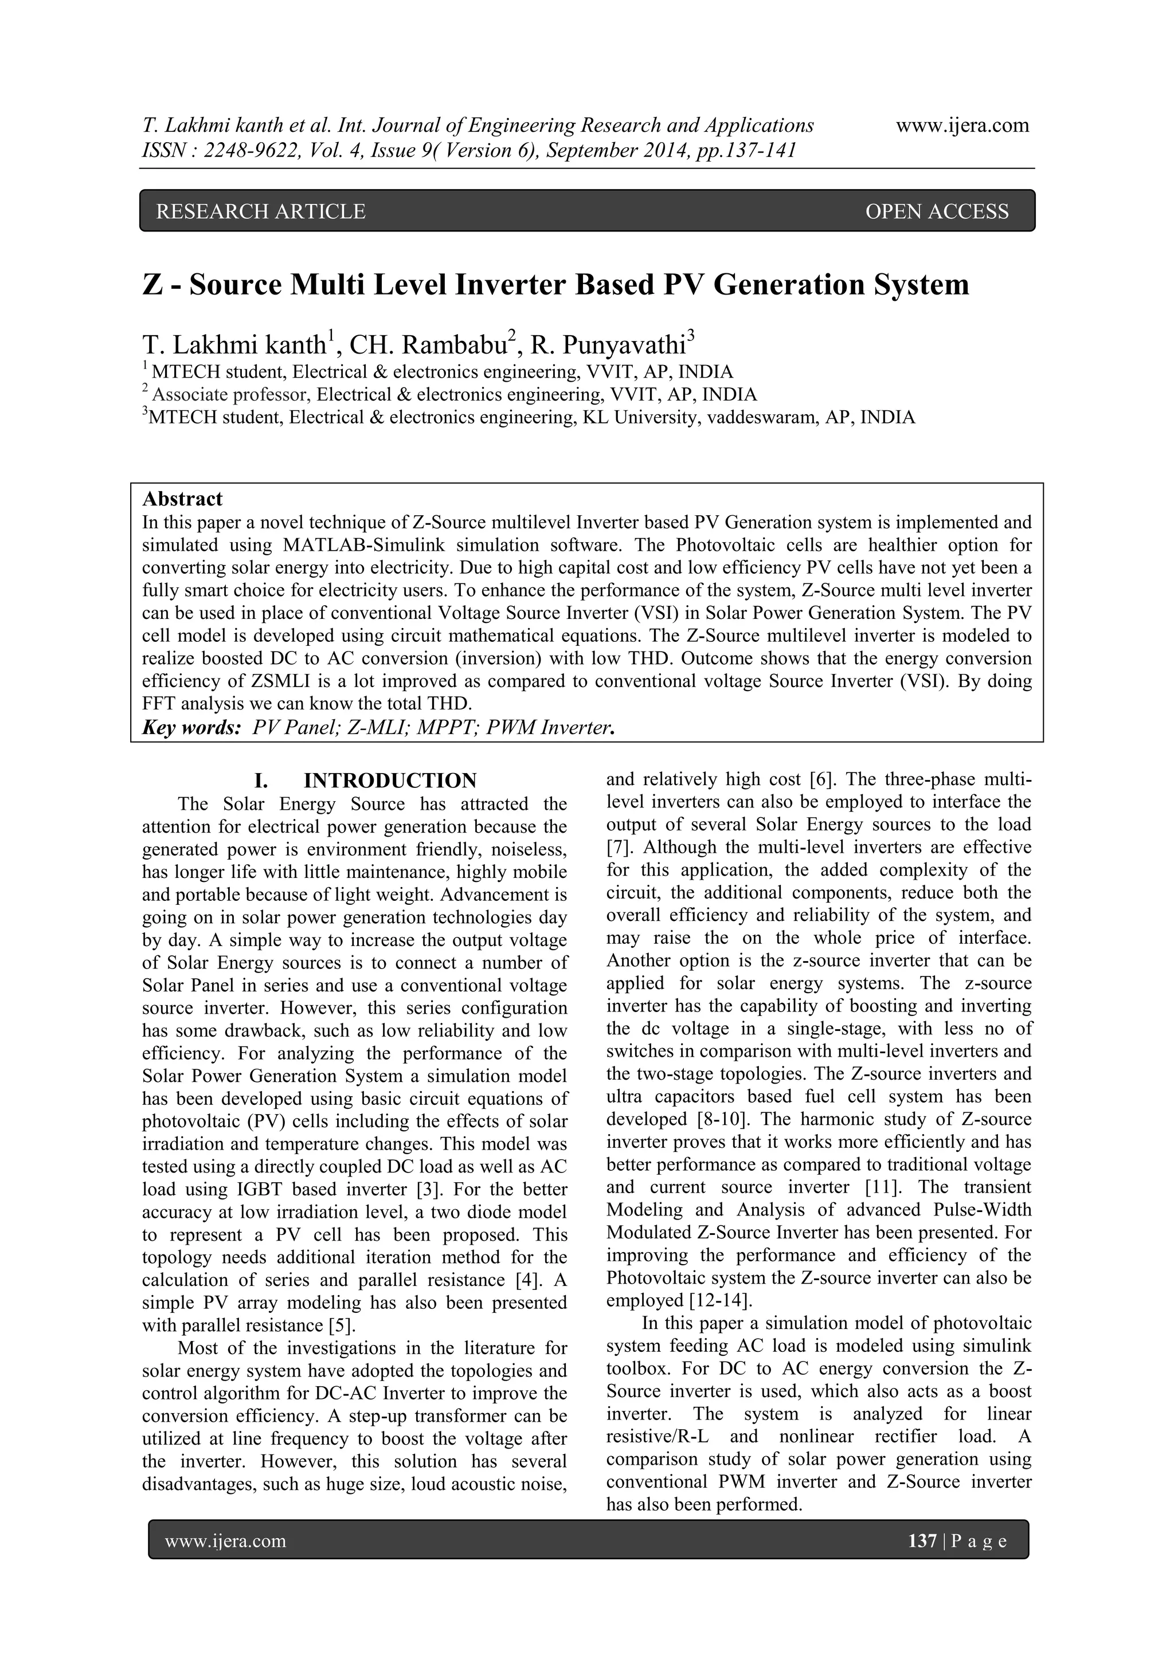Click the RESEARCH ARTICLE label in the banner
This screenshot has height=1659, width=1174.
click(261, 211)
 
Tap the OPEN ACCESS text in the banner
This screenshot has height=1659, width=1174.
click(936, 211)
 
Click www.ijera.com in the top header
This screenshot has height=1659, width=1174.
click(962, 125)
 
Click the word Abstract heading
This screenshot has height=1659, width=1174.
click(182, 499)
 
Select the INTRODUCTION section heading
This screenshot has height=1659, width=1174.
click(390, 781)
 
